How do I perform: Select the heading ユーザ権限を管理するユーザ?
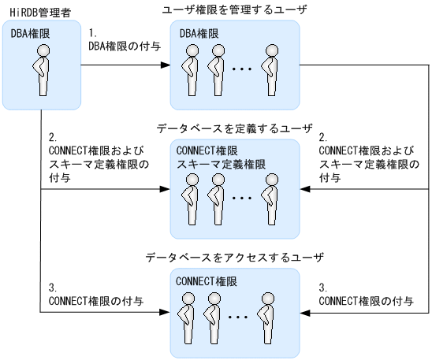[x=234, y=9]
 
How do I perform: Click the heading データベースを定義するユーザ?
[x=234, y=128]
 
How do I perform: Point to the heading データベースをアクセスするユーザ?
[x=234, y=258]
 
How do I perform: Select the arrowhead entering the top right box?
[x=166, y=65]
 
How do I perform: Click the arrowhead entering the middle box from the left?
[x=166, y=189]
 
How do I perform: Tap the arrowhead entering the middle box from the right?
[x=306, y=189]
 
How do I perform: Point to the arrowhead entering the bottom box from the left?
[x=166, y=313]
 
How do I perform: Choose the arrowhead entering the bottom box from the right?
[x=306, y=313]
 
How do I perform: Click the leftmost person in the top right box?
[x=191, y=67]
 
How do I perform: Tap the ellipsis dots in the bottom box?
[x=242, y=318]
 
